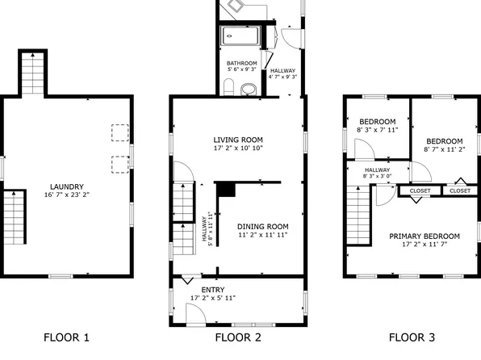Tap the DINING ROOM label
coord(262,225)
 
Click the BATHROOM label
coord(241,64)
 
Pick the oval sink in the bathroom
coord(249,89)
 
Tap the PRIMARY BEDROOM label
coord(425,237)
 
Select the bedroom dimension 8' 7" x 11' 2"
coord(444,150)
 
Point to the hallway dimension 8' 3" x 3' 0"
coord(377,177)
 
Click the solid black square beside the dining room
coord(226,190)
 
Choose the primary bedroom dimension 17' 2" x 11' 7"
coord(425,245)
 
